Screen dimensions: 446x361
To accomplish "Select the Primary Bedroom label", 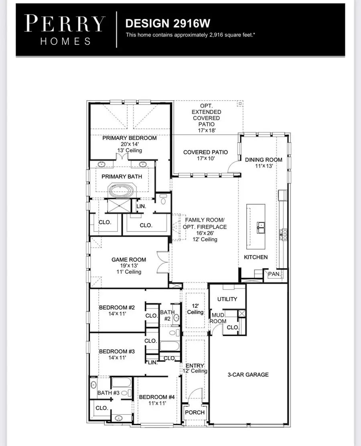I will point(129,138).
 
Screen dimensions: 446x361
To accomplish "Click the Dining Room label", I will point(264,160).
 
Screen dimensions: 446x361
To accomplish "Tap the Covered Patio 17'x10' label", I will point(205,152).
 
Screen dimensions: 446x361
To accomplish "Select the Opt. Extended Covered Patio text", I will point(206,115).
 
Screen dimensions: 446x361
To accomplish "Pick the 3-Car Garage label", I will point(248,375).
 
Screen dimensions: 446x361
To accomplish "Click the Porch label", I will point(195,412).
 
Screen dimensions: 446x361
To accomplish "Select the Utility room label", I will point(227,299).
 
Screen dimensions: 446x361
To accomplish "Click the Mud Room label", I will point(219,318).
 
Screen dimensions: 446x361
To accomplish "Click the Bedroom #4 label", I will point(157,397).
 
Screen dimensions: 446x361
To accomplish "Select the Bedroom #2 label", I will point(117,308).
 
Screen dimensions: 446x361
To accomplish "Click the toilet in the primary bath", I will point(163,199).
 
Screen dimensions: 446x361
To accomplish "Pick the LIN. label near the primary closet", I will point(141,206).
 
